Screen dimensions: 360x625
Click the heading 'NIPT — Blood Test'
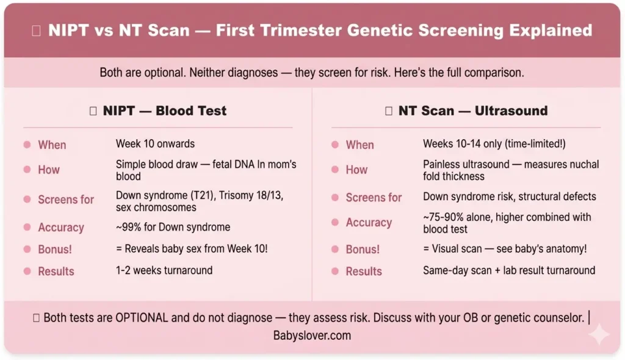pos(164,110)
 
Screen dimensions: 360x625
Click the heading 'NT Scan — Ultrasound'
pos(472,110)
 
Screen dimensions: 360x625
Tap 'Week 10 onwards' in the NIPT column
pos(155,144)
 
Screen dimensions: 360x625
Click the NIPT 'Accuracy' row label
pos(61,228)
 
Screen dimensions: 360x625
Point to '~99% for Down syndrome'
pos(173,228)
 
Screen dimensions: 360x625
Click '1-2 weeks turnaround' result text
pos(164,270)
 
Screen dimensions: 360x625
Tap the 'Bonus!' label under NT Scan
pos(363,250)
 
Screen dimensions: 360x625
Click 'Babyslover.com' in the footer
pos(312,336)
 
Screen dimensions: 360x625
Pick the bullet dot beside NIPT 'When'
pos(27,145)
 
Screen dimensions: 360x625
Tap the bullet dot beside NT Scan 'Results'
pos(334,271)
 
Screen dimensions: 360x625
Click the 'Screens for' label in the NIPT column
pos(66,200)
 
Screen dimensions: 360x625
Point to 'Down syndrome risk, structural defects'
pos(510,196)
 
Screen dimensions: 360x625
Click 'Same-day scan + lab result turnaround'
pos(509,270)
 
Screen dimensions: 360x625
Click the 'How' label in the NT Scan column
pos(356,170)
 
